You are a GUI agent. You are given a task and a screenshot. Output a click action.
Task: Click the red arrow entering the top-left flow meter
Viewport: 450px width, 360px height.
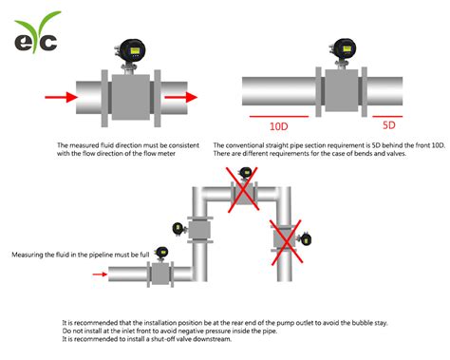(59, 96)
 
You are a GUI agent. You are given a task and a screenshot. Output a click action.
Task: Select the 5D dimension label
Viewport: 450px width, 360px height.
(389, 125)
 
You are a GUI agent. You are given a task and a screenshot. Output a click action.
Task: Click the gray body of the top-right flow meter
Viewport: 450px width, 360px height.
(342, 92)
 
